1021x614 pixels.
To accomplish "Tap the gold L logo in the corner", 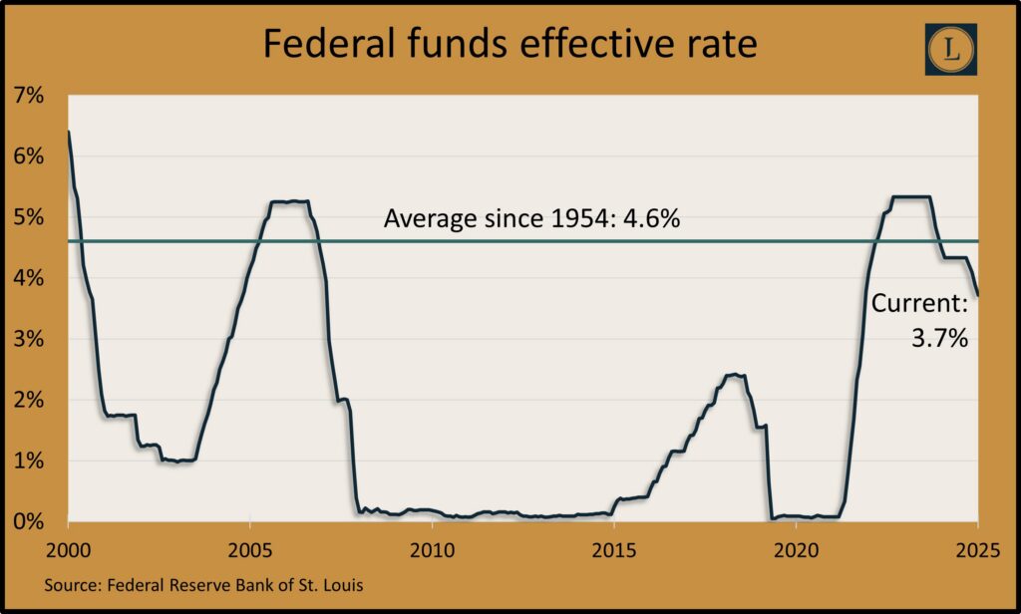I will pos(950,49).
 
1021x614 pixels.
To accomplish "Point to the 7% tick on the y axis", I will pos(29,96).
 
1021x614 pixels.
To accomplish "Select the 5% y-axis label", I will pos(29,217).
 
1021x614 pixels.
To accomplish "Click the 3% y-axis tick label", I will pos(29,339).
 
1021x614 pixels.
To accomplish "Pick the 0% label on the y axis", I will pos(29,521).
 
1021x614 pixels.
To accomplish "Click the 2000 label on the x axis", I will pos(68,549).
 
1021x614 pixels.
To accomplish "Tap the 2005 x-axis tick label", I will pos(250,549).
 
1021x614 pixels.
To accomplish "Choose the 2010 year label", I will pos(432,549).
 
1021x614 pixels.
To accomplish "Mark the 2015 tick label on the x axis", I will pos(614,549).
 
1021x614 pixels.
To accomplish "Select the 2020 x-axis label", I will pos(796,549).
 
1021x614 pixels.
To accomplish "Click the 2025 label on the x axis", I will pos(977,549).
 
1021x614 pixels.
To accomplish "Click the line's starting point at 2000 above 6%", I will pos(68,133).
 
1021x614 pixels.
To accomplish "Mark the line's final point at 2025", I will pos(978,295).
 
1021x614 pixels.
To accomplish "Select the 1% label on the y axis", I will pos(29,460).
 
